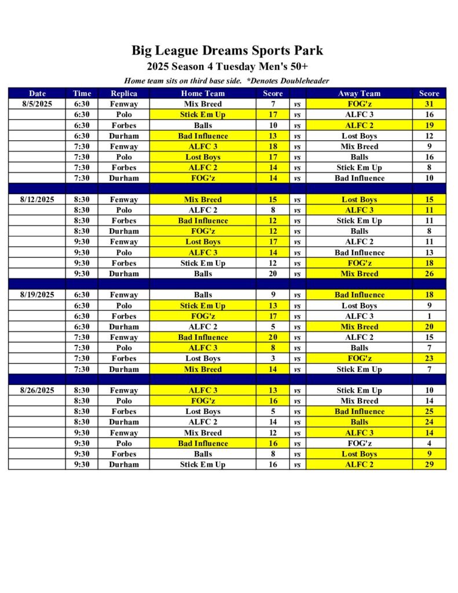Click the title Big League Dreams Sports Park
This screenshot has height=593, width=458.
click(227, 50)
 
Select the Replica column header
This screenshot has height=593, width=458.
click(124, 93)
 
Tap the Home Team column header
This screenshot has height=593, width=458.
click(203, 93)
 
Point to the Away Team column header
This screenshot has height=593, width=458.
click(359, 93)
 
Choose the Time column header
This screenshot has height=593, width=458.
click(82, 93)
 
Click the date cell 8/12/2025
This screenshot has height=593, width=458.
click(37, 200)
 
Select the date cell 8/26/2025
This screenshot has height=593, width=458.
click(37, 390)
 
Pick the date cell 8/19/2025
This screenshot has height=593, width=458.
click(37, 295)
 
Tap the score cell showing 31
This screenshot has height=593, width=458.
click(430, 104)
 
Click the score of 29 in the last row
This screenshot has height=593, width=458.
click(430, 464)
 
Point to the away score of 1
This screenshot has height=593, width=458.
click(430, 316)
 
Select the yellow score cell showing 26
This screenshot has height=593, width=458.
click(430, 274)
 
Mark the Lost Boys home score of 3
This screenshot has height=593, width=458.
click(273, 358)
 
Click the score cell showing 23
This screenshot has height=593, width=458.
click(430, 358)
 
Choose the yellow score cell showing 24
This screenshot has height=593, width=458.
click(430, 422)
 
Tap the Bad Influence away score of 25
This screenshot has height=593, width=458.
click(430, 412)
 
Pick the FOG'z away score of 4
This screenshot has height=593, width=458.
click(430, 444)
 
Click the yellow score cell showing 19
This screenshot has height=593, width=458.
click(430, 126)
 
